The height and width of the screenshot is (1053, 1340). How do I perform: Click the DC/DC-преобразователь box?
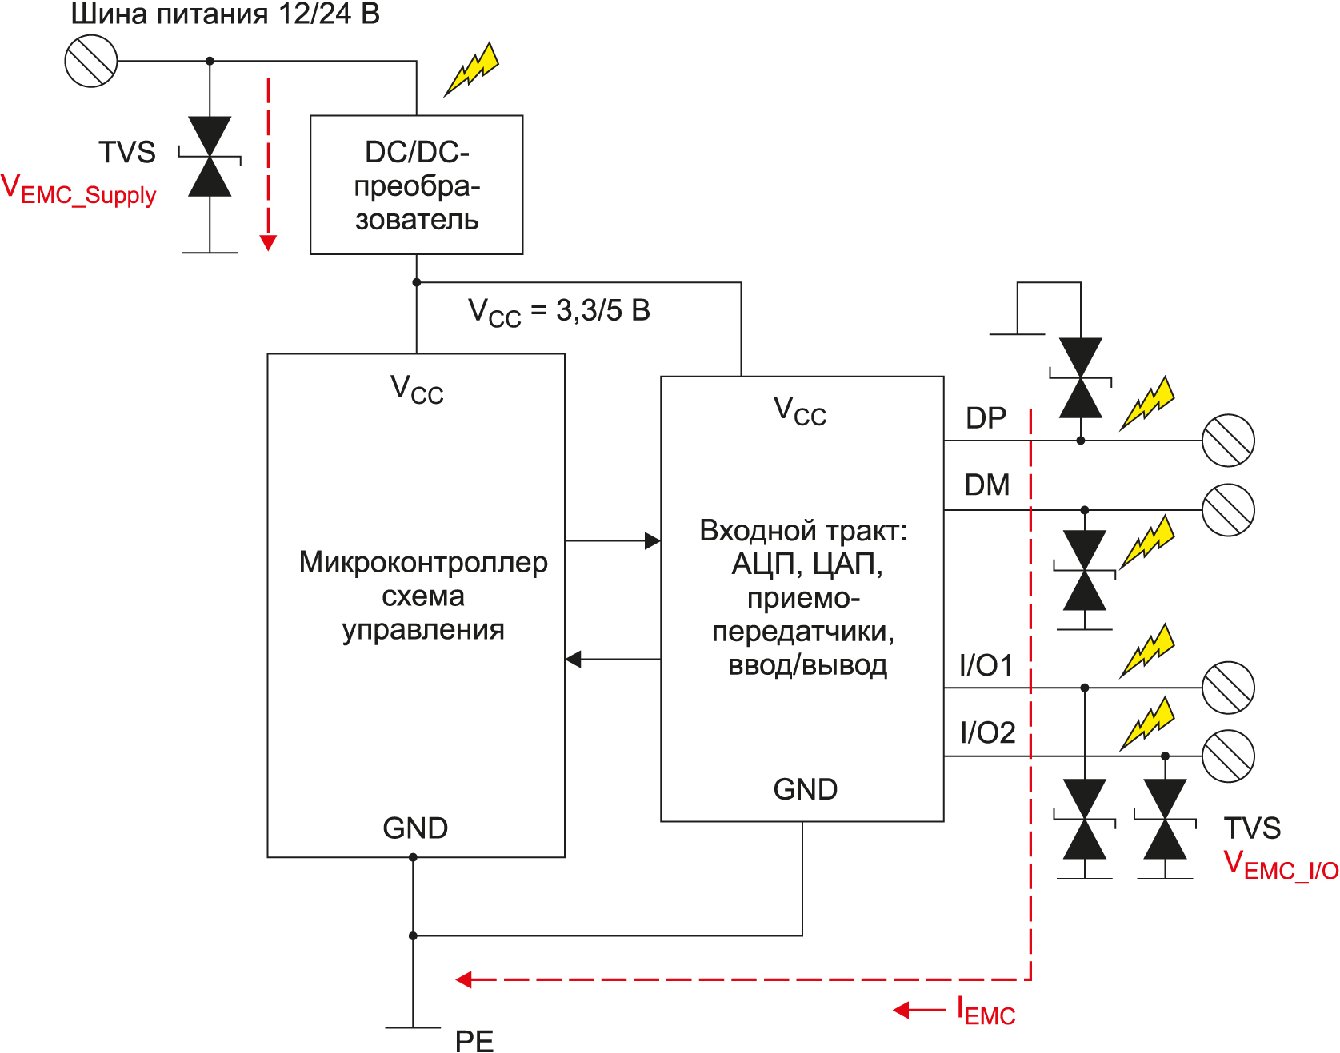[416, 185]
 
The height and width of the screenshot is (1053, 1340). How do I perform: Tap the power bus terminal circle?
[91, 61]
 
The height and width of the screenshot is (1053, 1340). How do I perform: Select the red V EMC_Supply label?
[78, 190]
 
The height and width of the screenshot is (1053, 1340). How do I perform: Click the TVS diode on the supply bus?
[210, 157]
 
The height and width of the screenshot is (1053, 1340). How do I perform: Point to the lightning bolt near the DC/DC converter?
[472, 69]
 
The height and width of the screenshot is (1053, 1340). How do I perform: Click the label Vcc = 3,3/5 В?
[558, 311]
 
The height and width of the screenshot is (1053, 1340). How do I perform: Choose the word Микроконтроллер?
[423, 562]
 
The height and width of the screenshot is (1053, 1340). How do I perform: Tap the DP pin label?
[986, 418]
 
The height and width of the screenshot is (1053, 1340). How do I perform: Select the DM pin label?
[986, 485]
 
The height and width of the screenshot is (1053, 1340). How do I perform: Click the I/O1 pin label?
[986, 665]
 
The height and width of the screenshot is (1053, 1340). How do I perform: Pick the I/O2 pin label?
[987, 732]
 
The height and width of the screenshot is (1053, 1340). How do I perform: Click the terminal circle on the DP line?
[1228, 441]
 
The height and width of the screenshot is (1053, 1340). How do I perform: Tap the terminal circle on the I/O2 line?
[1228, 756]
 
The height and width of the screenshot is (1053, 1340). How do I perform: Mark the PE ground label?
[474, 1041]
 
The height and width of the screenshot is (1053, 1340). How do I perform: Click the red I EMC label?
[986, 1011]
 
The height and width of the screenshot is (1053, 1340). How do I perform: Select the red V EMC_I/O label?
[1280, 866]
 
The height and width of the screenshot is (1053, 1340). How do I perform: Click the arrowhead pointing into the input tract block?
[652, 541]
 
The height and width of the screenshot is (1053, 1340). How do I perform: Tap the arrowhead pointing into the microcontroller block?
[574, 660]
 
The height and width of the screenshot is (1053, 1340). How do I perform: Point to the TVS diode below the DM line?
[1085, 570]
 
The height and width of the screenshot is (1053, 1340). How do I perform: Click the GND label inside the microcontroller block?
[415, 828]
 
